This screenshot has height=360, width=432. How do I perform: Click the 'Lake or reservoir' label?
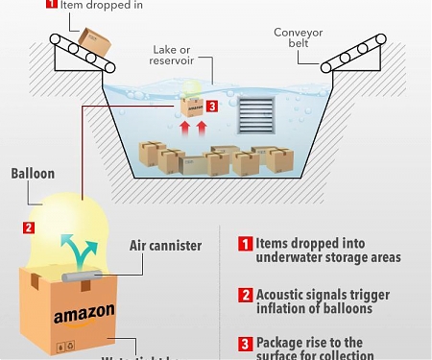click(x=174, y=55)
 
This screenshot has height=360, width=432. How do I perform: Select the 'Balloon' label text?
click(x=33, y=174)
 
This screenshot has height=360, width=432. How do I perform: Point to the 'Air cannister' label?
click(x=165, y=246)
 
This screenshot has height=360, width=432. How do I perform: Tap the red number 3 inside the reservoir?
click(x=211, y=107)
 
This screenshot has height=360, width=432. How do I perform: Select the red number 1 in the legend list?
click(x=245, y=244)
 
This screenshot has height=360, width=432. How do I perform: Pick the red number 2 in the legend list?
click(x=245, y=294)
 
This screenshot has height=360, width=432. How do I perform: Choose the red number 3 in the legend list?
click(x=245, y=343)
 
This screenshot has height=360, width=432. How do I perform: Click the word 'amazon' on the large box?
click(x=84, y=314)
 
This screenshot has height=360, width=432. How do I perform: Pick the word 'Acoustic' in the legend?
click(x=287, y=294)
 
